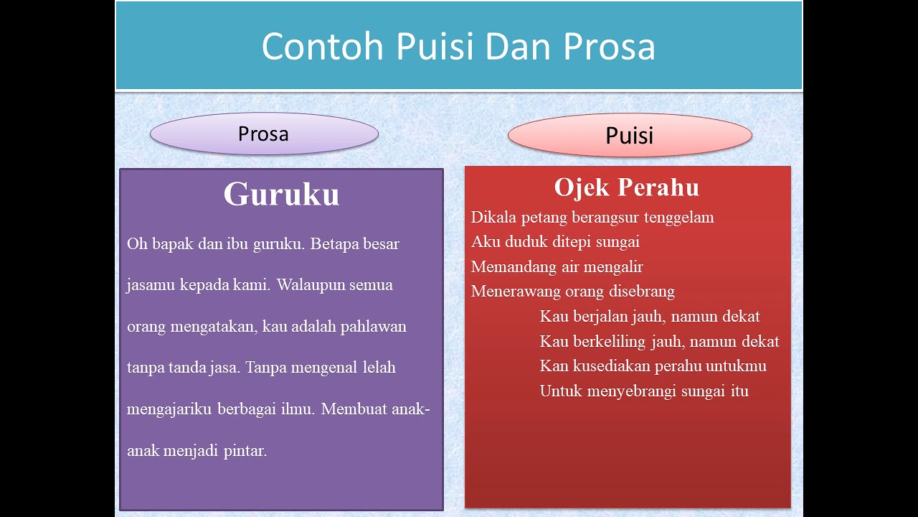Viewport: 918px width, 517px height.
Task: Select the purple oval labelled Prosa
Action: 263,134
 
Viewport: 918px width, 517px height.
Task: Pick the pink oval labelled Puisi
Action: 629,135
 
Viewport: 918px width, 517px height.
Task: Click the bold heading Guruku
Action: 281,195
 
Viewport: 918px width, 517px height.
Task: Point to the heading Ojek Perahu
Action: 626,187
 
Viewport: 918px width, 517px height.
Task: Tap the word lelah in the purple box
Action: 378,368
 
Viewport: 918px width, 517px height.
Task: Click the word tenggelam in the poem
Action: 678,218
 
